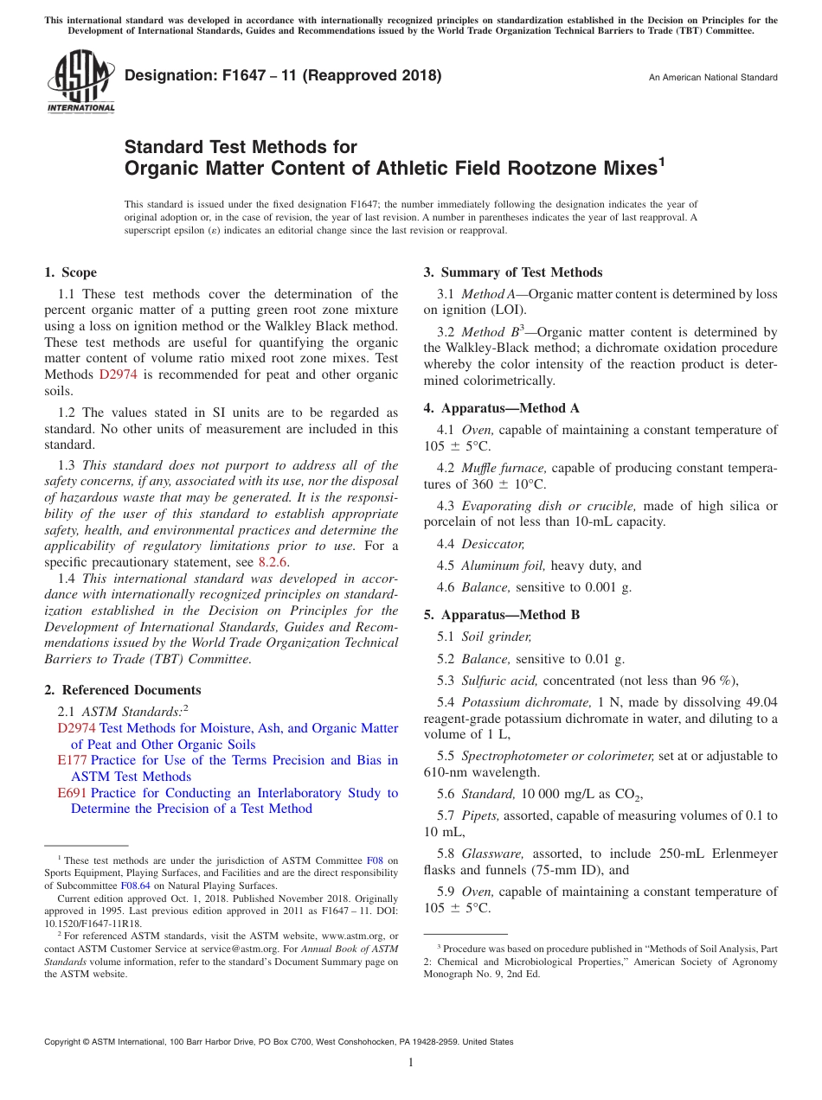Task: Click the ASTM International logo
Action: pos(80,82)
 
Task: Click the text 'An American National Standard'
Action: pos(713,78)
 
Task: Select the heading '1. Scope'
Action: pos(70,272)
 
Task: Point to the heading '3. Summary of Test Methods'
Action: pos(513,272)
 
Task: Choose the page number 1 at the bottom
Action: pos(411,1062)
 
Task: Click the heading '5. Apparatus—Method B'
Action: pos(502,615)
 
